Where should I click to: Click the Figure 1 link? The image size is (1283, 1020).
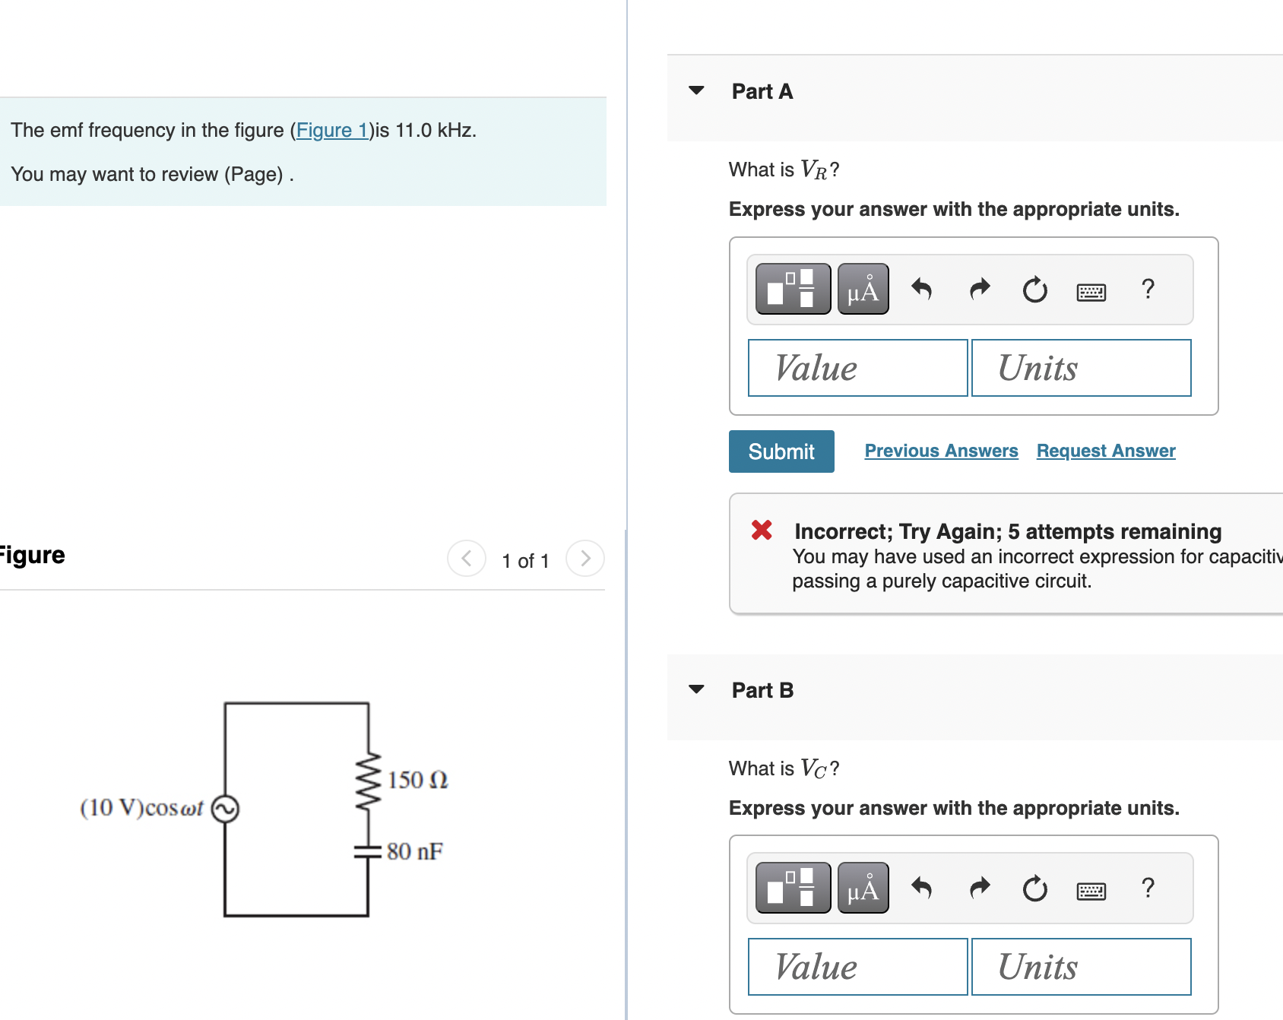pyautogui.click(x=332, y=131)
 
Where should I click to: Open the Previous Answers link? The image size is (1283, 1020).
pyautogui.click(x=941, y=451)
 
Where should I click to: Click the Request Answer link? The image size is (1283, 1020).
pyautogui.click(x=1105, y=451)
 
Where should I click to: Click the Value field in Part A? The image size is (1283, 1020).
pyautogui.click(x=857, y=368)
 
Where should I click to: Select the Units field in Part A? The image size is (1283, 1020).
pyautogui.click(x=1080, y=368)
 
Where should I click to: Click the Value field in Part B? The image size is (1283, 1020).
pyautogui.click(x=857, y=967)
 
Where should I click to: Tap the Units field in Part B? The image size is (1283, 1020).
pyautogui.click(x=1080, y=967)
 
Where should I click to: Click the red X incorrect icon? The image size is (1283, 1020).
pyautogui.click(x=762, y=530)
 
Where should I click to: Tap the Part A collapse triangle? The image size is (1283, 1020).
pyautogui.click(x=696, y=90)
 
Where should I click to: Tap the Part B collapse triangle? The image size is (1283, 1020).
pyautogui.click(x=696, y=689)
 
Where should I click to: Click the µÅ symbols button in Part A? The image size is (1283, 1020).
pyautogui.click(x=863, y=290)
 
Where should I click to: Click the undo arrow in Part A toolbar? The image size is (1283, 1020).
pyautogui.click(x=921, y=290)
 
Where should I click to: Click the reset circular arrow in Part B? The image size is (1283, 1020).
pyautogui.click(x=1034, y=889)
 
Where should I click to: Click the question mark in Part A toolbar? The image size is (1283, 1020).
pyautogui.click(x=1148, y=290)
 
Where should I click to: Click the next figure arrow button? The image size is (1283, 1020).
pyautogui.click(x=584, y=559)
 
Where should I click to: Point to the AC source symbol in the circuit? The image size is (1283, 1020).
pyautogui.click(x=225, y=809)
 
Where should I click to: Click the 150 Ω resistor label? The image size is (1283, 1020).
pyautogui.click(x=417, y=780)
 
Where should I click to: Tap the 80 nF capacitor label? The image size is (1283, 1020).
pyautogui.click(x=414, y=851)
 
